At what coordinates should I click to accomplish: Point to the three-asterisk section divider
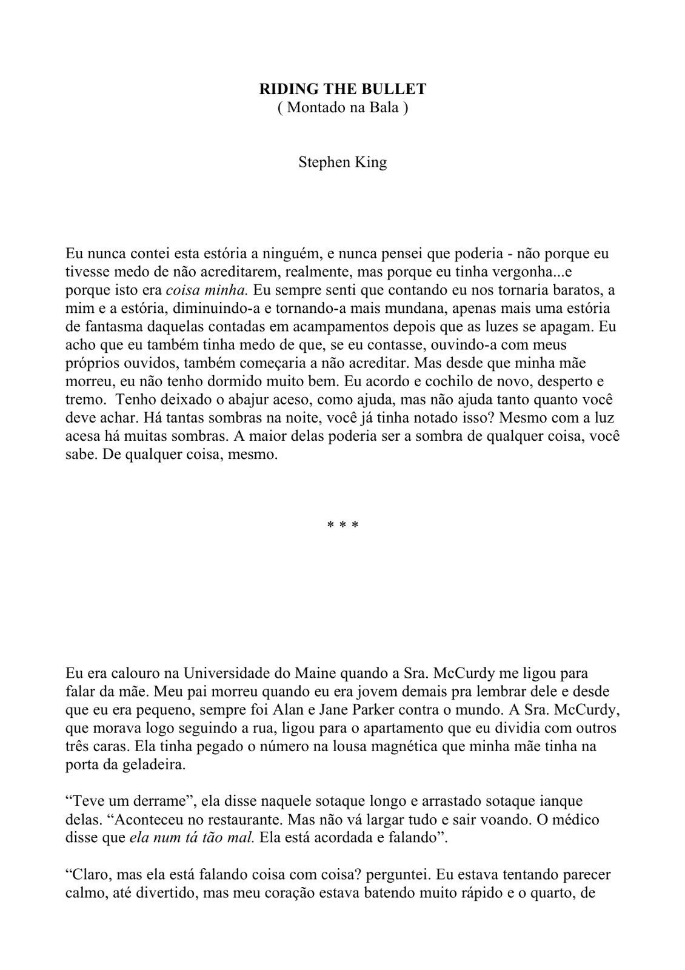coord(343,524)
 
